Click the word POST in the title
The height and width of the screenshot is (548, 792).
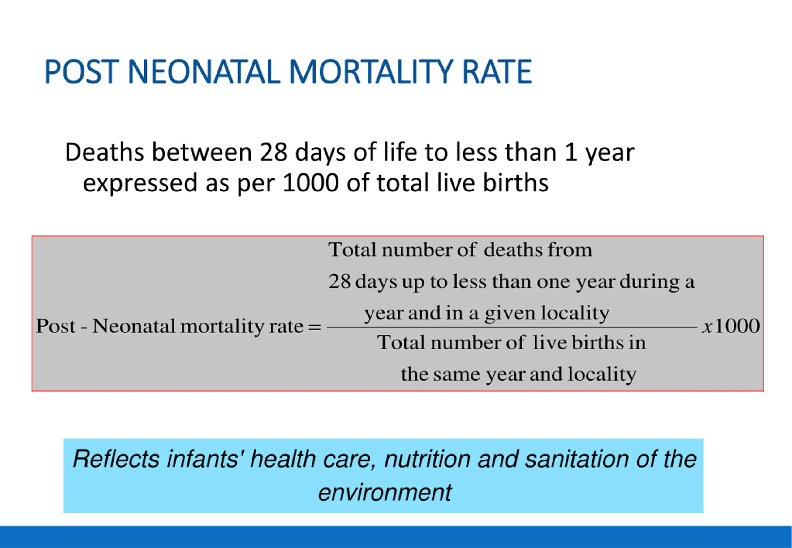click(82, 72)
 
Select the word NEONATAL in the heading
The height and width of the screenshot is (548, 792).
click(204, 72)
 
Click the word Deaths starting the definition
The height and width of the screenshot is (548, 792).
click(104, 152)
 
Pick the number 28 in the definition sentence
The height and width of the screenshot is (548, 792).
click(273, 152)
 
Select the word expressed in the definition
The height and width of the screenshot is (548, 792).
click(140, 183)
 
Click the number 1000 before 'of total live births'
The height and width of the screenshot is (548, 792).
click(311, 183)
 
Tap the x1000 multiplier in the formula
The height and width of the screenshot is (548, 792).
click(730, 326)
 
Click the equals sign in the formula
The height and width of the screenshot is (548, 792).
click(315, 327)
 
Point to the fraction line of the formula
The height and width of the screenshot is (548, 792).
click(512, 328)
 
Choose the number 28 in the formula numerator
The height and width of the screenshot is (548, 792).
click(339, 281)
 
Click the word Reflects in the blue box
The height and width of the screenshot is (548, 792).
click(116, 459)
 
